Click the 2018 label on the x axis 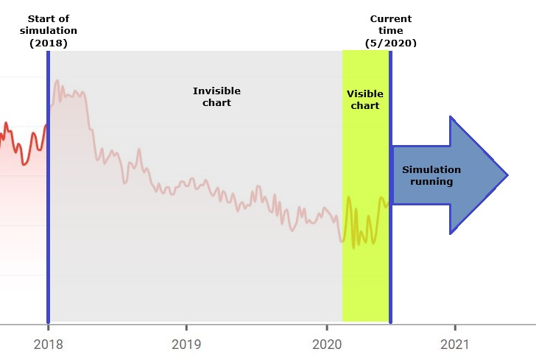coord(48,344)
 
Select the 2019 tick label coord(186,344)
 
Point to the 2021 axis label coord(455,344)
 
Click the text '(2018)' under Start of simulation coord(48,43)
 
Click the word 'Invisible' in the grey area coord(216,91)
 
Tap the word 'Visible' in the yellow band coord(365,93)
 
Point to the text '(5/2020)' coord(390,43)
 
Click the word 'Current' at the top coord(390,18)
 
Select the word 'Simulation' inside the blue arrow coord(431,169)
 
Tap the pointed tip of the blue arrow coord(507,175)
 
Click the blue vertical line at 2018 coord(48,221)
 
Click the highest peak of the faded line coord(57,80)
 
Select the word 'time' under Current coord(390,31)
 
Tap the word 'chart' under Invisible coord(216,102)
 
